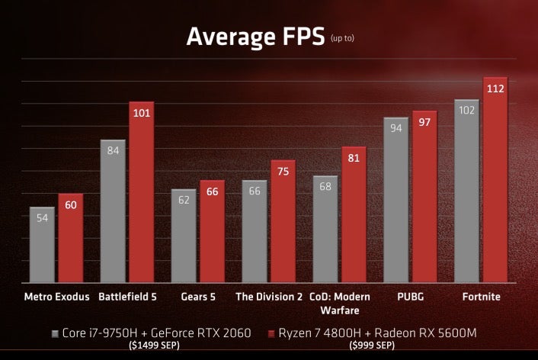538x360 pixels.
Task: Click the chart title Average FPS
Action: click(x=251, y=36)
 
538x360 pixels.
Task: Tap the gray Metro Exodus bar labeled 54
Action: click(x=42, y=244)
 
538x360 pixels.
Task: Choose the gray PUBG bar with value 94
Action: click(x=395, y=200)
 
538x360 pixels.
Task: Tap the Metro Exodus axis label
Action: click(x=56, y=297)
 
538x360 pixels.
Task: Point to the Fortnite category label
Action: click(x=482, y=297)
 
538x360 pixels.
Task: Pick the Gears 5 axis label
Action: click(x=197, y=297)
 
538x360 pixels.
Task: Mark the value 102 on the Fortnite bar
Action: click(x=467, y=110)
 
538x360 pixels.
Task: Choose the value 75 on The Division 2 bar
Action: click(x=283, y=171)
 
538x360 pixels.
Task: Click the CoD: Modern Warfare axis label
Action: click(x=340, y=303)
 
